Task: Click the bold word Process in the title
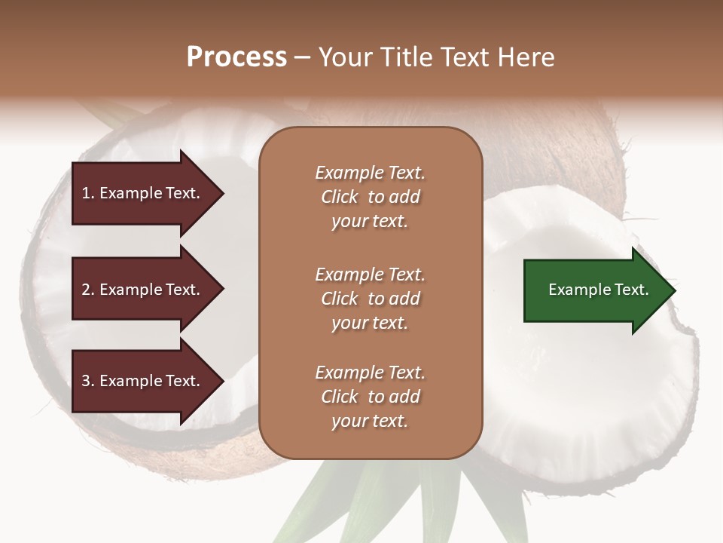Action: coord(236,57)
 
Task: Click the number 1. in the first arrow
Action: coord(88,193)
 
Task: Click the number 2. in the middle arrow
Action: coord(88,290)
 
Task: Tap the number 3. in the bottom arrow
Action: coord(88,382)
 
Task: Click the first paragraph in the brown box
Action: coord(370,197)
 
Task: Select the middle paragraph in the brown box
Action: coord(370,299)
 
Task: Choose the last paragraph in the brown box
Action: coord(370,397)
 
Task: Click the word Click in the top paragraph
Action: coord(340,197)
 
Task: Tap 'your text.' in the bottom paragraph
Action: coord(370,421)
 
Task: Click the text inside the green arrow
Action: coord(599,290)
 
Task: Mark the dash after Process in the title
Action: coord(303,57)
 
